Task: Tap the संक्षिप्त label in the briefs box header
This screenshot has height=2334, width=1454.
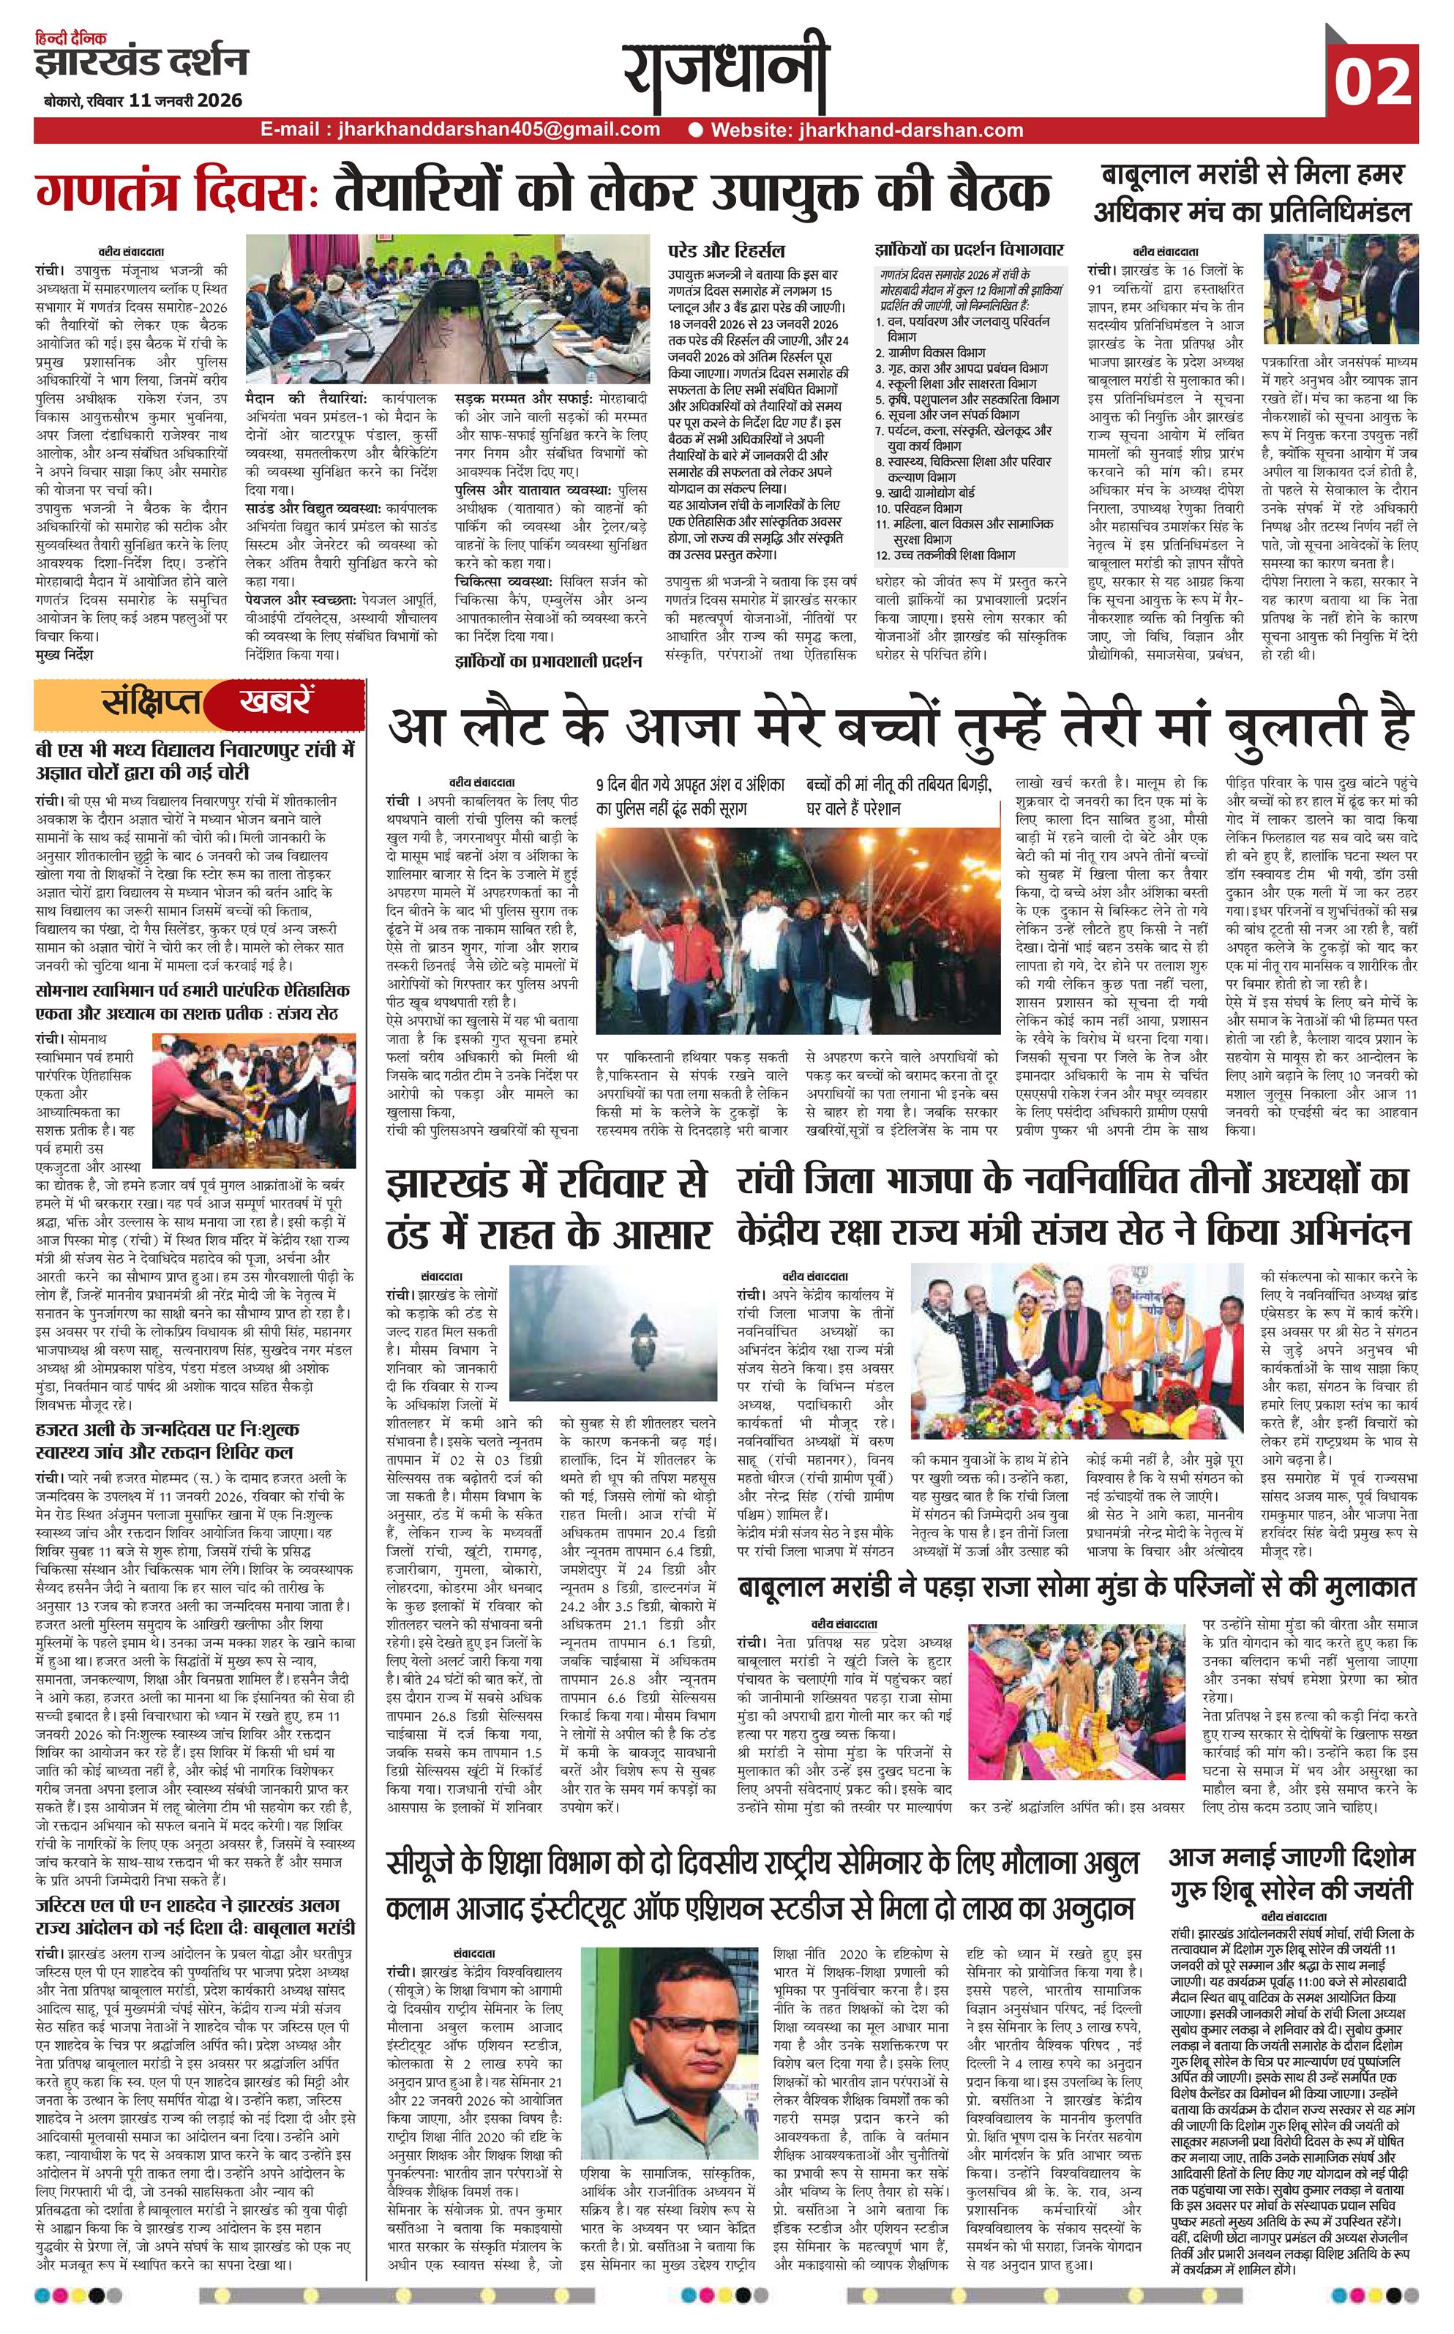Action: (150, 702)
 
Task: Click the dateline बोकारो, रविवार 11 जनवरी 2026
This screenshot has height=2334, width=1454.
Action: (142, 100)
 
